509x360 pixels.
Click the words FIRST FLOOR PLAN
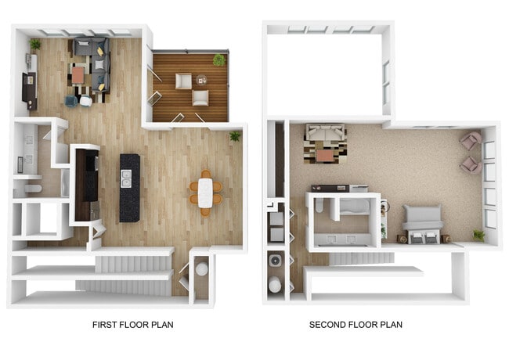pyautogui.click(x=132, y=324)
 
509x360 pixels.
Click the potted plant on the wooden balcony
pyautogui.click(x=219, y=59)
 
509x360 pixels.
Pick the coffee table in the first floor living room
pyautogui.click(x=78, y=75)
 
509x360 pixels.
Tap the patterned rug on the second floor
pyautogui.click(x=325, y=153)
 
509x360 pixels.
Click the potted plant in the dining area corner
pyautogui.click(x=235, y=137)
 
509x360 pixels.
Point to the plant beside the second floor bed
pyautogui.click(x=478, y=234)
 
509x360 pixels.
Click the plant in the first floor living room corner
pyautogui.click(x=35, y=44)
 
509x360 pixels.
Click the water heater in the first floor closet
pyautogui.click(x=201, y=269)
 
